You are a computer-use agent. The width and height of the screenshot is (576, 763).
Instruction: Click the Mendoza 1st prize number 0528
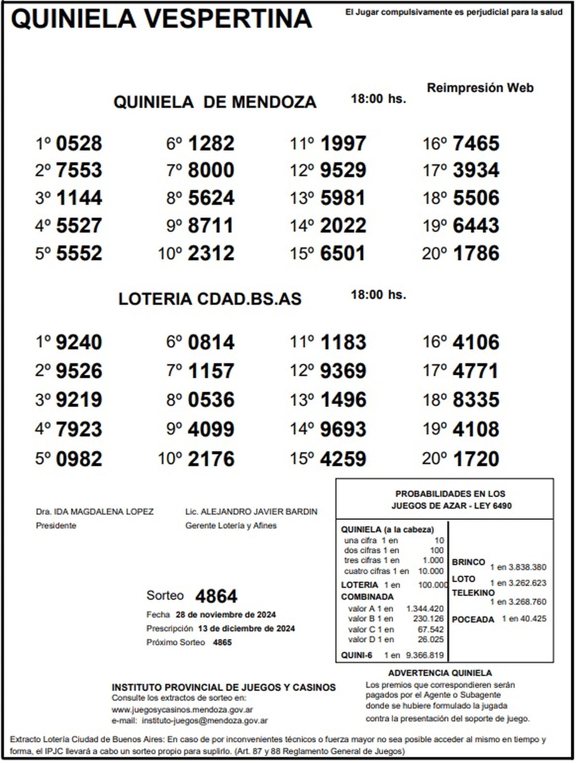(79, 143)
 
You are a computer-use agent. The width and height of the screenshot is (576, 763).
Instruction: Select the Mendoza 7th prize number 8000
(211, 170)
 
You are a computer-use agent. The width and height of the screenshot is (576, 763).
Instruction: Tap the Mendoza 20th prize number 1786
(476, 253)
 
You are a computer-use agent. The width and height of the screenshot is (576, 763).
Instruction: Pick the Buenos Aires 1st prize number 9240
(79, 343)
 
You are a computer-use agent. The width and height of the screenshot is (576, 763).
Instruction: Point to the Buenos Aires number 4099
(211, 429)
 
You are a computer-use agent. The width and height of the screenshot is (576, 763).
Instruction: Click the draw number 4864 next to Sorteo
(216, 596)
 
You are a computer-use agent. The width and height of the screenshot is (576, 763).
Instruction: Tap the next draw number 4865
(222, 643)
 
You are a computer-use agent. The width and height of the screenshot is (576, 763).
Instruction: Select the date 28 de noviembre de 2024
(226, 615)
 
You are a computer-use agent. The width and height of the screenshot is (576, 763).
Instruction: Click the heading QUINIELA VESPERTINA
(161, 19)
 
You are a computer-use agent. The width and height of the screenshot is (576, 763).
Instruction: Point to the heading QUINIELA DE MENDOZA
(215, 102)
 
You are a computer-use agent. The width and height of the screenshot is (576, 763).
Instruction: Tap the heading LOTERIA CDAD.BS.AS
(210, 299)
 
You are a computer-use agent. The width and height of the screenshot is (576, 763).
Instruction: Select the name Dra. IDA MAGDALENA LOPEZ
(95, 512)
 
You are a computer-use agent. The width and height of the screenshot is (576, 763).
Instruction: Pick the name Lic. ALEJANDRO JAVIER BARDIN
(251, 512)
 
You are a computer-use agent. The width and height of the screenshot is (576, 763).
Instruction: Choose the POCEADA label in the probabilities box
(473, 620)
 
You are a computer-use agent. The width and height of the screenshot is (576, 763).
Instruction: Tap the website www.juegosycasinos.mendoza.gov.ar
(182, 709)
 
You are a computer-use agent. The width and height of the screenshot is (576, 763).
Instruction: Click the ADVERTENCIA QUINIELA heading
(440, 673)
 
